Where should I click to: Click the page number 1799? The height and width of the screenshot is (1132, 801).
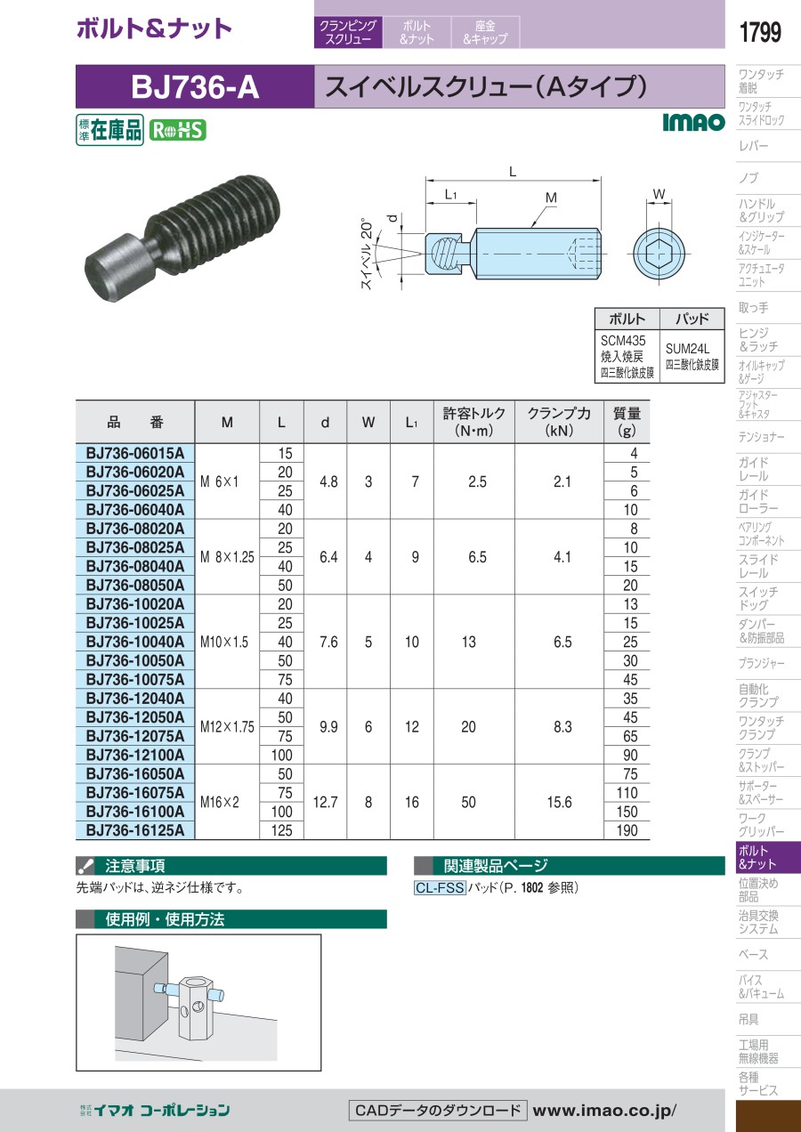tap(760, 32)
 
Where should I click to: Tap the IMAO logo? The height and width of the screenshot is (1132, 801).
tap(693, 122)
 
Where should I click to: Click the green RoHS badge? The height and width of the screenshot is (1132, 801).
tap(178, 131)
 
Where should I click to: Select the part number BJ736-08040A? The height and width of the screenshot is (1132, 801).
tap(135, 566)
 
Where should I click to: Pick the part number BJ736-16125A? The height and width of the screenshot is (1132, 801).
tap(135, 830)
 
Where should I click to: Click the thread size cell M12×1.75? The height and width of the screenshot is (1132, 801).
tap(227, 727)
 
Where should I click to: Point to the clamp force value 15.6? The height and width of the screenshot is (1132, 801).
tap(560, 802)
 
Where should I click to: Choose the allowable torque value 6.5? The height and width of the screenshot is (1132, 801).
tap(477, 557)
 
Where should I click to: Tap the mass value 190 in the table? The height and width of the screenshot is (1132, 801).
tap(627, 830)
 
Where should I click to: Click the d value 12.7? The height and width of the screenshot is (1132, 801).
tap(325, 802)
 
